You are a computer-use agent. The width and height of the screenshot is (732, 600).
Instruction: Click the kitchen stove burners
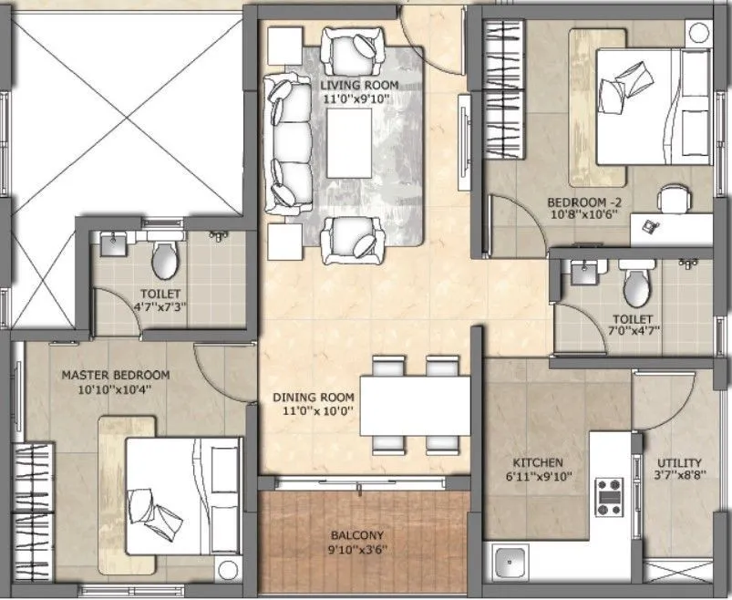(x=608, y=494)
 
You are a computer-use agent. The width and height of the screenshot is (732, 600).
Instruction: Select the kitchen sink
(x=510, y=561)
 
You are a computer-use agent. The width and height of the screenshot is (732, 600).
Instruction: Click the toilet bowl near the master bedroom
(x=165, y=260)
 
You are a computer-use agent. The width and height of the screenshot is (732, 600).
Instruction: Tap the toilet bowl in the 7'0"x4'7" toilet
(x=635, y=285)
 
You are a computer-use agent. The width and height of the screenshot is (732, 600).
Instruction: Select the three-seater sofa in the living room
(x=287, y=144)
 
